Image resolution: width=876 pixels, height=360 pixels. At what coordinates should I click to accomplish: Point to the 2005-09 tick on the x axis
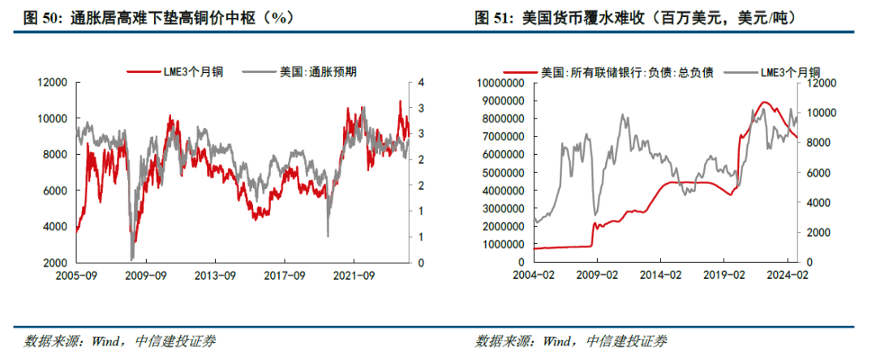tap(77, 275)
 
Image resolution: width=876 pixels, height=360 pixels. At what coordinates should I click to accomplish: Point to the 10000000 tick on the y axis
tap(501, 83)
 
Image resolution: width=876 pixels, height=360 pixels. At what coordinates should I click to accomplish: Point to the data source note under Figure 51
tap(571, 341)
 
